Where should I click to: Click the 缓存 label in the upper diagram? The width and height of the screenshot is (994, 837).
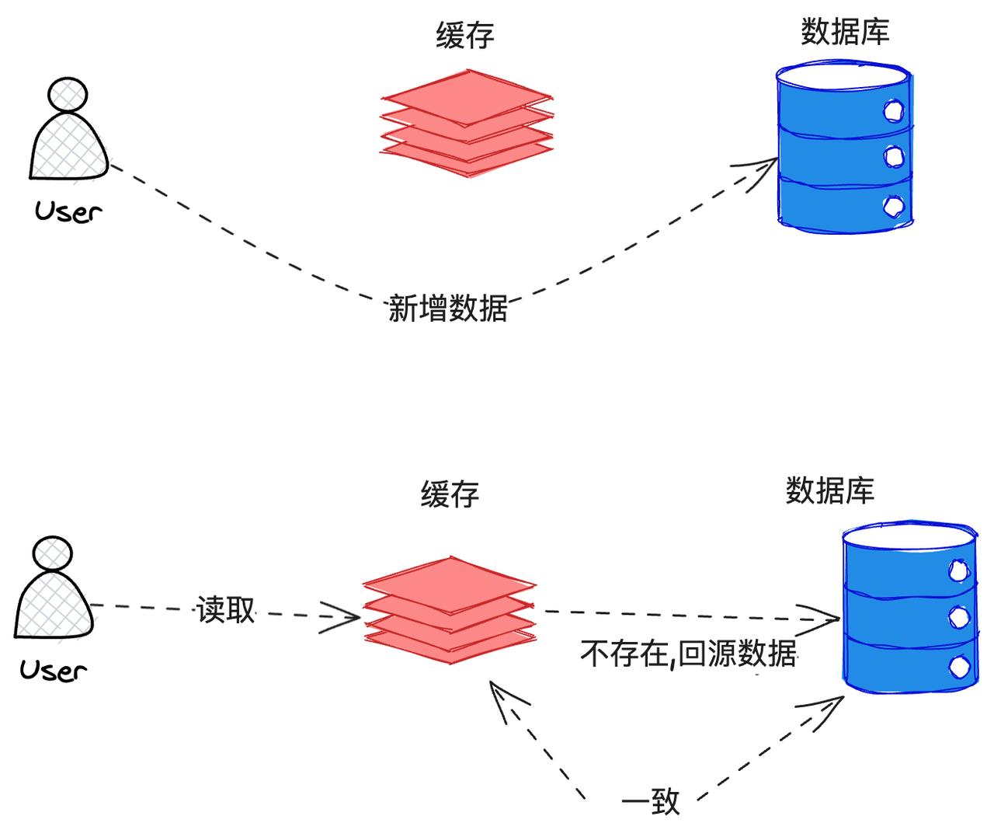pyautogui.click(x=464, y=36)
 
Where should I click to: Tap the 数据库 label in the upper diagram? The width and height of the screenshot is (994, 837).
pyautogui.click(x=845, y=32)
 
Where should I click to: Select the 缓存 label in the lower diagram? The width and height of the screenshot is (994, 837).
pyautogui.click(x=450, y=494)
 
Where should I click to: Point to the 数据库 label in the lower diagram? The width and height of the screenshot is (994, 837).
pyautogui.click(x=830, y=490)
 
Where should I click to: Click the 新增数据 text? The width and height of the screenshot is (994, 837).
pyautogui.click(x=448, y=309)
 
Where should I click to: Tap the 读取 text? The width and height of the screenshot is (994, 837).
pyautogui.click(x=226, y=610)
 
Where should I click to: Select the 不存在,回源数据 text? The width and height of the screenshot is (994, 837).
pyautogui.click(x=688, y=654)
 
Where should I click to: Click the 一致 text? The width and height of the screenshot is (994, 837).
pyautogui.click(x=651, y=802)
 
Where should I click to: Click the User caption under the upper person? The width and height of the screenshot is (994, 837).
pyautogui.click(x=68, y=211)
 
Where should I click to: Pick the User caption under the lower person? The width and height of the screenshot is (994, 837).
pyautogui.click(x=54, y=670)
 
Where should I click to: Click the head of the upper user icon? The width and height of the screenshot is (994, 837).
pyautogui.click(x=68, y=94)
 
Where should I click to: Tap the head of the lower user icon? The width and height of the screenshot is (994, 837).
pyautogui.click(x=52, y=553)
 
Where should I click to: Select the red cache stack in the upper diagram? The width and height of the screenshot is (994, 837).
pyautogui.click(x=467, y=124)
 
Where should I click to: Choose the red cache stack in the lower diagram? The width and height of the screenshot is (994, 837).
pyautogui.click(x=450, y=610)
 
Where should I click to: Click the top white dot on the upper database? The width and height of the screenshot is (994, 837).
pyautogui.click(x=894, y=111)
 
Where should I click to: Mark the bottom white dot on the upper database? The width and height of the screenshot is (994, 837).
pyautogui.click(x=894, y=206)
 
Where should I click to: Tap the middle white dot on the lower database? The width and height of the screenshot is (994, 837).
pyautogui.click(x=959, y=617)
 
